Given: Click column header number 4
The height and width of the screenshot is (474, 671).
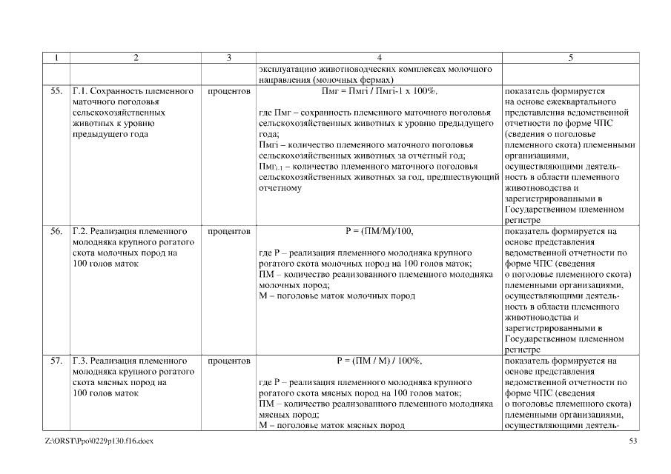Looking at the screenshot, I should pos(379,57).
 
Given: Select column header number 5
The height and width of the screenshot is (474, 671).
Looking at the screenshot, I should pos(570,57).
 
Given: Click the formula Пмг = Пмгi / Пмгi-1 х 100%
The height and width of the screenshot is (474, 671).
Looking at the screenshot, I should pos(379,91).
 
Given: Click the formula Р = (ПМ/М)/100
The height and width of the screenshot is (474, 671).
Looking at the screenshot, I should pos(379,231).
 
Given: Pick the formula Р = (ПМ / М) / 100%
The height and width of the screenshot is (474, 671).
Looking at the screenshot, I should pos(379,361).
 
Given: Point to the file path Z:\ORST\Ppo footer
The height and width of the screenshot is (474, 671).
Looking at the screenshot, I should pos(99,441).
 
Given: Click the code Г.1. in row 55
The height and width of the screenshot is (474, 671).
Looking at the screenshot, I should pos(81,91).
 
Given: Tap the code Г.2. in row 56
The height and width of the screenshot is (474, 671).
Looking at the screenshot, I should pos(81,231).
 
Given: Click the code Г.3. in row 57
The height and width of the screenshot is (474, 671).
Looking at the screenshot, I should pos(81,361).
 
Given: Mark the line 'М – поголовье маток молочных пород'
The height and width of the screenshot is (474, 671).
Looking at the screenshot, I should pos(337,296).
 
